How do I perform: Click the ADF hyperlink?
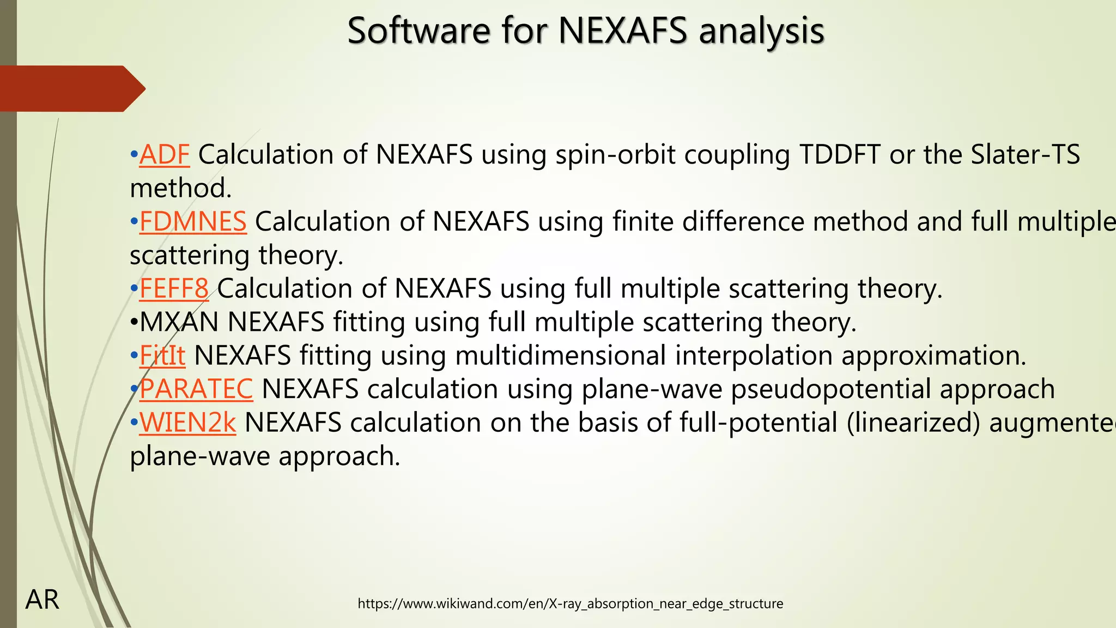tap(165, 155)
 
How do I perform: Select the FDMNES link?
tap(193, 222)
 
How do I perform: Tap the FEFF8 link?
tap(174, 288)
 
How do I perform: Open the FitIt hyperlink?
tap(162, 355)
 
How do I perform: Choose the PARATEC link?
tap(196, 389)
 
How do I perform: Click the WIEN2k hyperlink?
tap(187, 423)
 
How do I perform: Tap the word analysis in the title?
tap(761, 31)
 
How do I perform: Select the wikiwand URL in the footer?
tap(570, 603)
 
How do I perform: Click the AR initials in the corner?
tap(42, 600)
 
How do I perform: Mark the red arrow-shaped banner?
tap(68, 88)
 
